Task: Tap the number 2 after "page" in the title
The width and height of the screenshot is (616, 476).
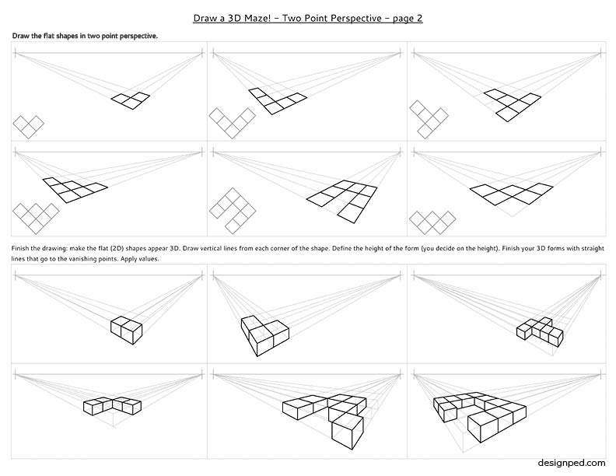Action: tap(419, 19)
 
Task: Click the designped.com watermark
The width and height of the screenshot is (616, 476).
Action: tap(572, 463)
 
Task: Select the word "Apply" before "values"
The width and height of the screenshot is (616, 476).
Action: tap(129, 259)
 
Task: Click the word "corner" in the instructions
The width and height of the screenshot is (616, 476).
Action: tap(281, 248)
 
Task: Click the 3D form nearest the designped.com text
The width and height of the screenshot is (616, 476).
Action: tap(480, 417)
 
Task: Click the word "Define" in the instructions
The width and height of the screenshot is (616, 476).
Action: tap(341, 248)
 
